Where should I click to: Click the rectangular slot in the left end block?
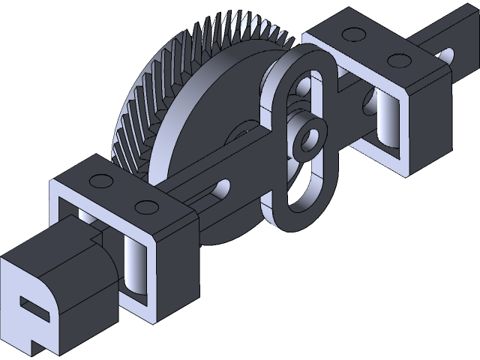pos(33,307)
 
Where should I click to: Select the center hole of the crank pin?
pos(307,139)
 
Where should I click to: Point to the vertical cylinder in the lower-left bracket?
pos(134,262)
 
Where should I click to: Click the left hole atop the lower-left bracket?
pos(97,181)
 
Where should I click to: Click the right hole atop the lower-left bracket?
pos(147,207)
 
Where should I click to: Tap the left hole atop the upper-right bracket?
pos(350,34)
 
